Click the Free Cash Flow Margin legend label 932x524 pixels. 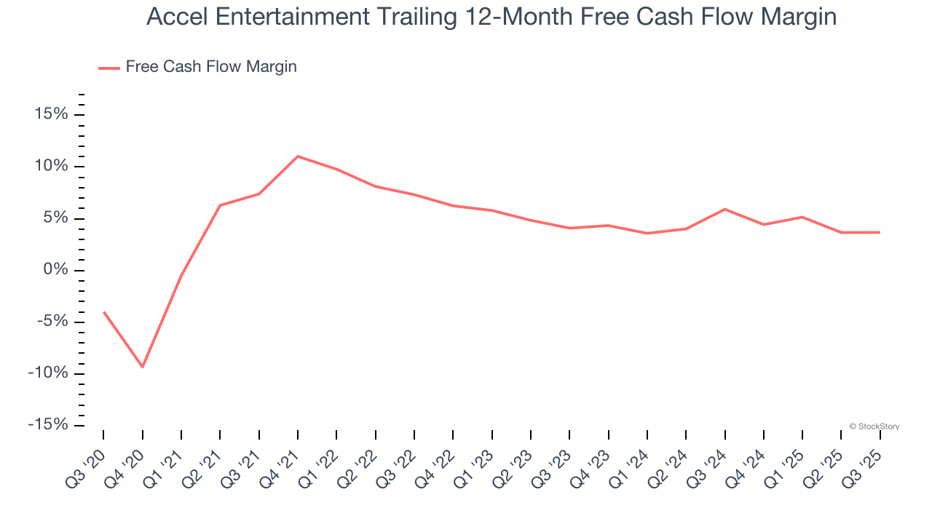coord(211,67)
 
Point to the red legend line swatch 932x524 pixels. coord(109,68)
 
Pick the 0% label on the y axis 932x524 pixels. coord(55,270)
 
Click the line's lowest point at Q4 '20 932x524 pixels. coord(143,367)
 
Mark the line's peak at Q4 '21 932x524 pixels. coord(298,156)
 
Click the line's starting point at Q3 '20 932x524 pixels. coord(103,311)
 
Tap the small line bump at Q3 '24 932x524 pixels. coord(725,209)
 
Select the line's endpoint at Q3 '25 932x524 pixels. coord(880,232)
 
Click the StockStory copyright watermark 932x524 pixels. coord(874,426)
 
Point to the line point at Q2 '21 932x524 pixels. coord(220,205)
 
